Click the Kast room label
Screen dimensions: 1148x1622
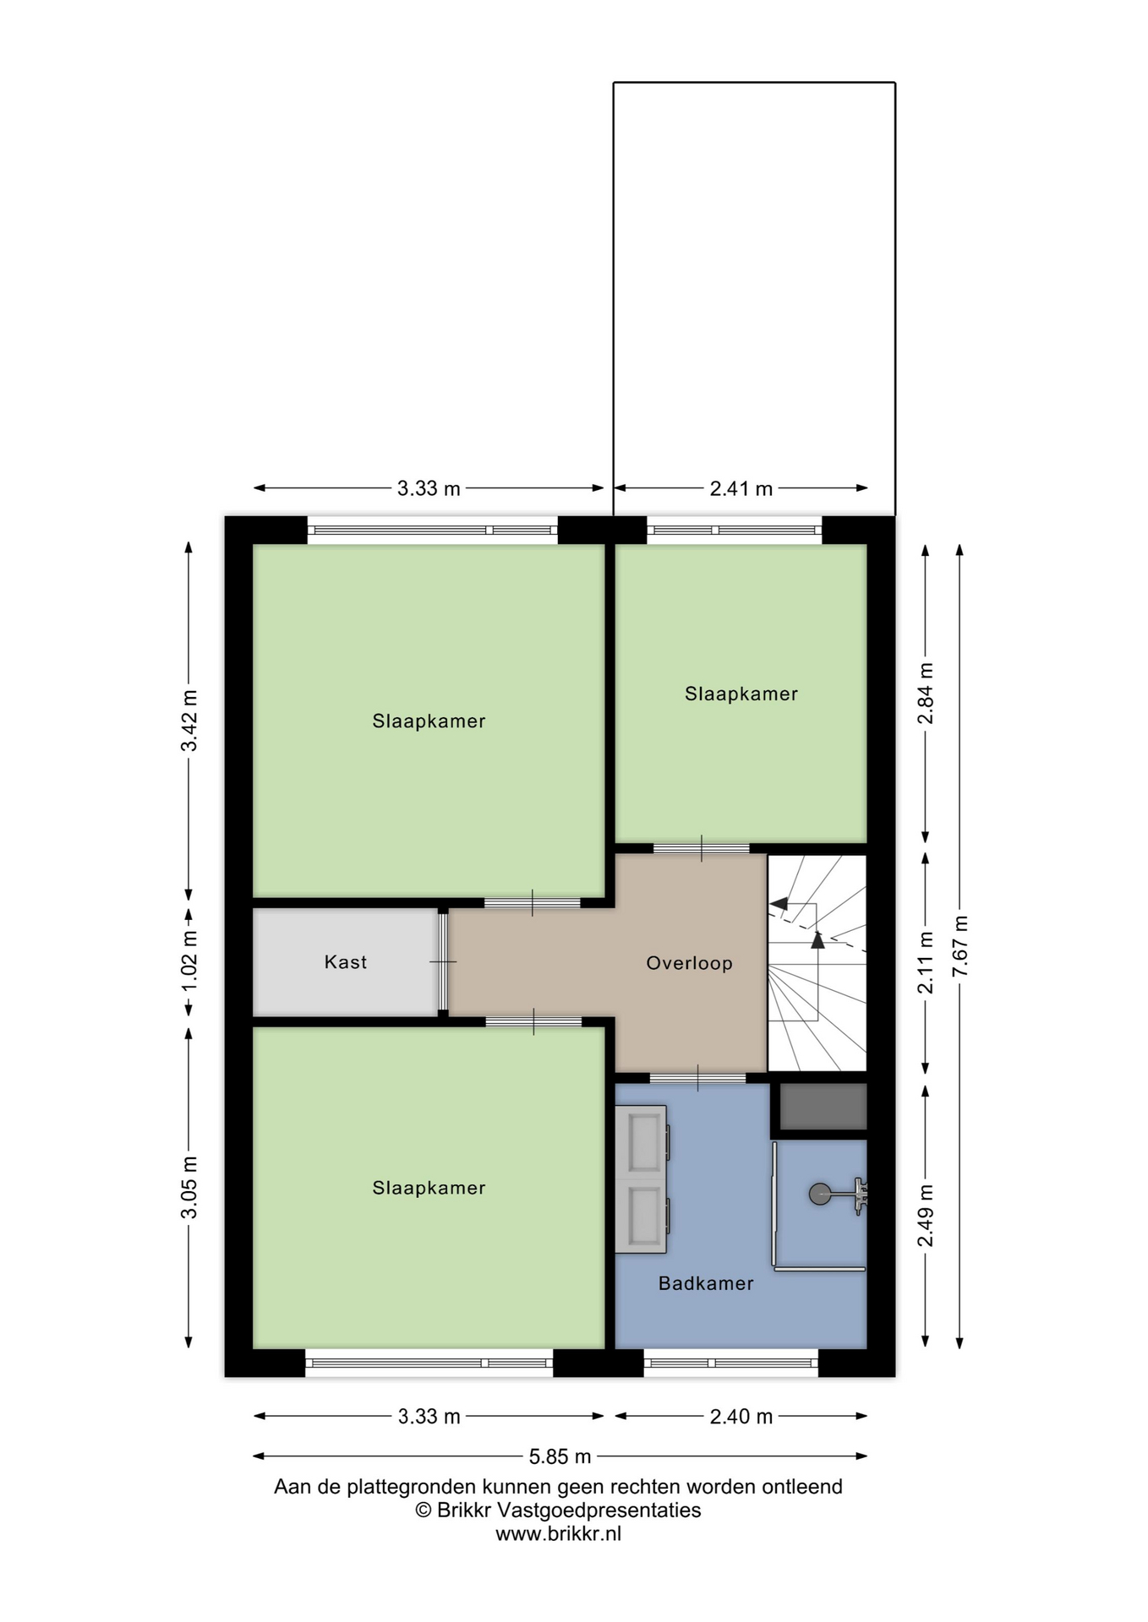coord(345,962)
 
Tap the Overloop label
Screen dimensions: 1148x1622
coord(689,963)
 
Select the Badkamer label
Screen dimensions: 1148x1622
coord(706,1283)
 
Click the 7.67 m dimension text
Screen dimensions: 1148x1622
coord(959,945)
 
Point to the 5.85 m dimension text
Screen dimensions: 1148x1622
coord(560,1456)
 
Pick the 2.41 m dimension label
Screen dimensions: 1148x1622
coord(741,488)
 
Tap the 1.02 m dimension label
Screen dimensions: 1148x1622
coord(189,961)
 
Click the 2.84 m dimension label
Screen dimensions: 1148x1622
coord(926,693)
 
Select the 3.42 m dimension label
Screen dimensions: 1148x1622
coord(189,721)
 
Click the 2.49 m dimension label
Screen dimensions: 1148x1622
coord(926,1216)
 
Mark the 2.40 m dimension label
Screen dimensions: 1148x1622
coord(741,1417)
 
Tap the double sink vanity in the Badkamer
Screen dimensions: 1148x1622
coord(642,1180)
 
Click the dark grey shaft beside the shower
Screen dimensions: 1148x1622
coord(823,1106)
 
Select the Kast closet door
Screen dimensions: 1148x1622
coord(442,962)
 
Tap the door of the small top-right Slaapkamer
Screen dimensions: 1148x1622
coord(702,848)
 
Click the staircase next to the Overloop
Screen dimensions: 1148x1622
coord(817,963)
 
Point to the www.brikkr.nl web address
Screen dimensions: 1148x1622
coord(558,1534)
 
